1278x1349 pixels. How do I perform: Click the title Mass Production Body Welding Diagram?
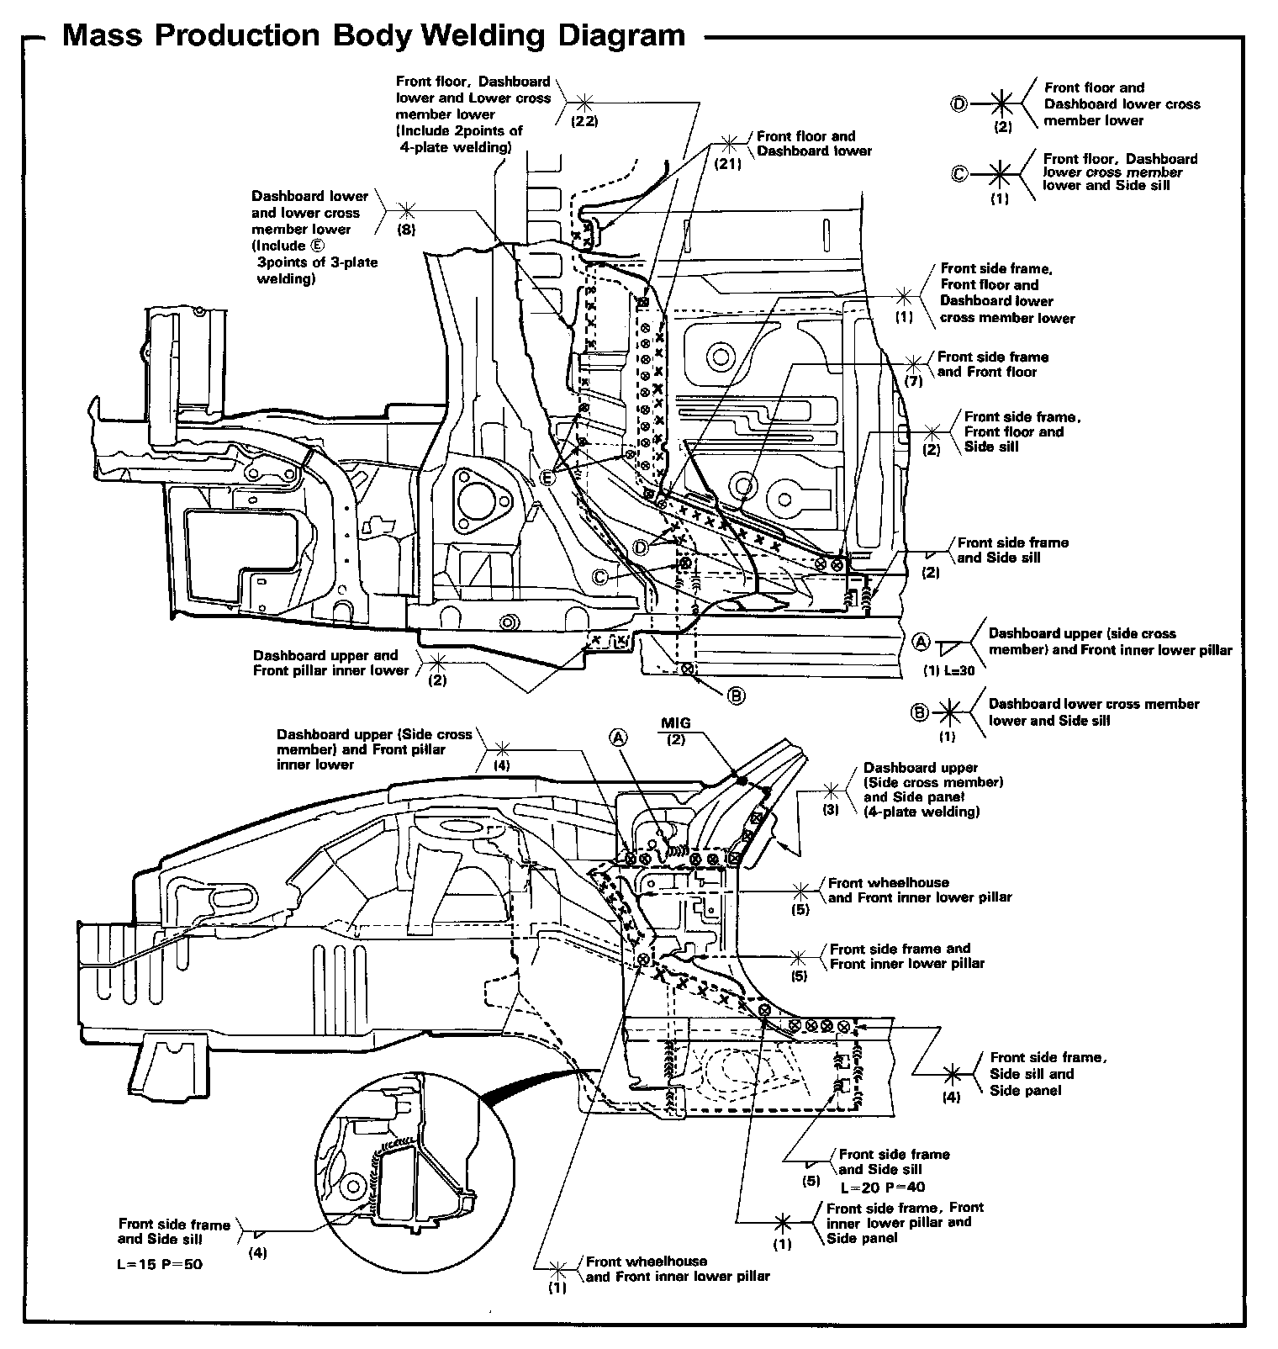[374, 35]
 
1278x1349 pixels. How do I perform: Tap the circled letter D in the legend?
[958, 104]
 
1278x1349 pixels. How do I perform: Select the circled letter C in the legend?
[958, 174]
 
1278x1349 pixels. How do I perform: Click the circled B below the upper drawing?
[736, 696]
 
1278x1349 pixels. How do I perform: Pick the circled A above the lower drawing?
[618, 738]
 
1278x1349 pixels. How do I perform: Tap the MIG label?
[675, 723]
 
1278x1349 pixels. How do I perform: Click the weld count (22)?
[585, 121]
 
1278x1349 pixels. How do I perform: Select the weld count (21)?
[728, 165]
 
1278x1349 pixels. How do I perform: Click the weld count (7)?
[915, 382]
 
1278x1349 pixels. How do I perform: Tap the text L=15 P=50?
[160, 1264]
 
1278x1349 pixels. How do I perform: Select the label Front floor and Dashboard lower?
[814, 144]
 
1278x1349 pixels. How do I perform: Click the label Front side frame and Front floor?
[992, 364]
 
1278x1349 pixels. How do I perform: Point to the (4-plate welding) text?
[922, 812]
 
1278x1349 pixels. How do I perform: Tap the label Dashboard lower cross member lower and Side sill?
[1093, 712]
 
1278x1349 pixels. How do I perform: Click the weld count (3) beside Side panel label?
[831, 810]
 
